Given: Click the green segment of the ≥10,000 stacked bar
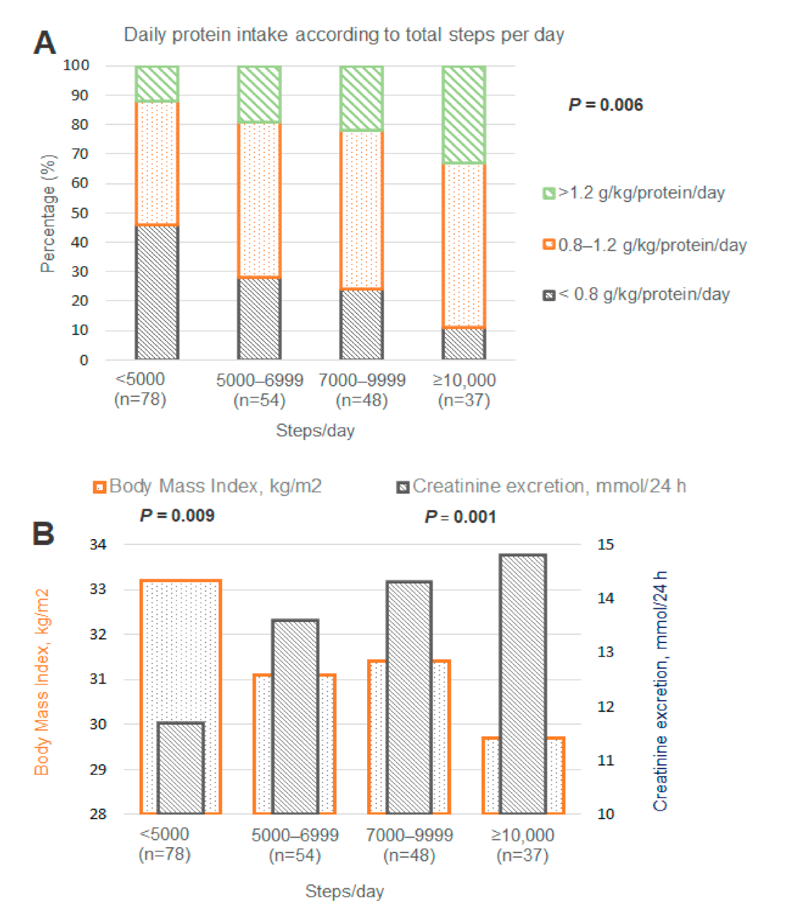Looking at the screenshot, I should pos(464,115).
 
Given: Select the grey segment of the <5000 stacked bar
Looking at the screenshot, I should pos(157,292).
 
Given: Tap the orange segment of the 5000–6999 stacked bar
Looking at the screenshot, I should pos(259,200).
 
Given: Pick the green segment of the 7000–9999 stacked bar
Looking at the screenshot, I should pos(361,98).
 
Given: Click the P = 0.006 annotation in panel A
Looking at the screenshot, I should pos(605,105).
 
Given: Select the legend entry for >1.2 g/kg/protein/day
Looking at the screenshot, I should pos(634,193).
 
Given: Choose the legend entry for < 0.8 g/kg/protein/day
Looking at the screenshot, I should pos(636,294).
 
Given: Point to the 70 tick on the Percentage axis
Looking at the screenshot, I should pos(80,154).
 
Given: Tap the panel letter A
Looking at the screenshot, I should pos(45,42).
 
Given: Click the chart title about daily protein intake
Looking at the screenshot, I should pos(344,35).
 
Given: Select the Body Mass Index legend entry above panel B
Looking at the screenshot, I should pos(207,486).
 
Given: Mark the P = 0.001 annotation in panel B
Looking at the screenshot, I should pos(460,517).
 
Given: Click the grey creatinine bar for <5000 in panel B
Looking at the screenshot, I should pos(180,768).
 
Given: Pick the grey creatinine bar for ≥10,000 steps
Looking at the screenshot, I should pos(523,683).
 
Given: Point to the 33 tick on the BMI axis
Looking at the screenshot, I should pos(98,589).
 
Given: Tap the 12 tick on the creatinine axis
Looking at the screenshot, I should pos(605,706).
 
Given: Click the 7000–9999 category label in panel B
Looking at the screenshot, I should pos(409,844).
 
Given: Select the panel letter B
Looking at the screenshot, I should pos(44,533).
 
